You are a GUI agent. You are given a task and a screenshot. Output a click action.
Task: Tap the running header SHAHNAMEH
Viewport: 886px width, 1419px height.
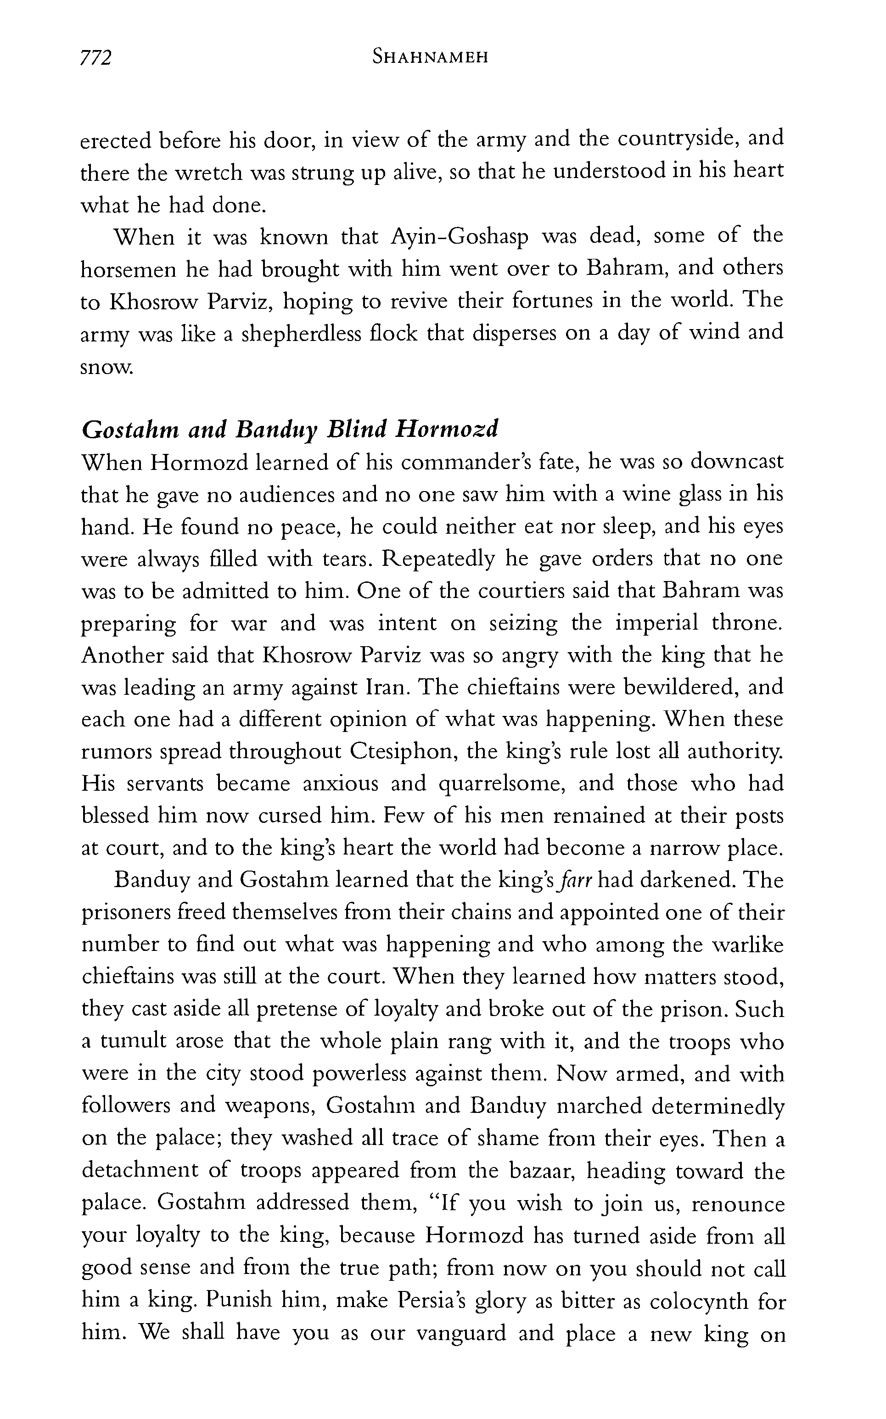pos(430,57)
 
